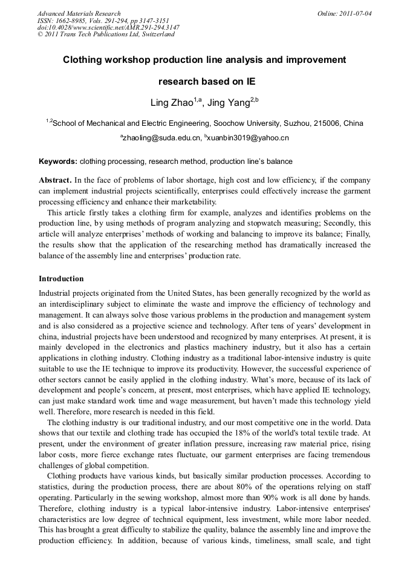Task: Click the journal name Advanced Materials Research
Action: [79, 13]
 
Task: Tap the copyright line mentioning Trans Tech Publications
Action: [106, 34]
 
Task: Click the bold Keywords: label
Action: [58, 161]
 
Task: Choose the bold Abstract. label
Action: [56, 181]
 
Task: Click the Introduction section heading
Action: [61, 279]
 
